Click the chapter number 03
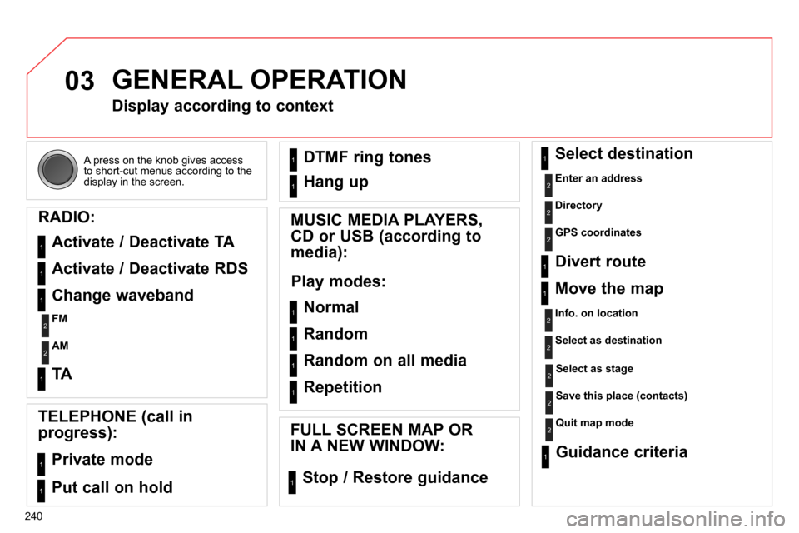pyautogui.click(x=80, y=82)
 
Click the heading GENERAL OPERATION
pyautogui.click(x=259, y=80)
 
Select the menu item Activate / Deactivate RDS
pyautogui.click(x=149, y=269)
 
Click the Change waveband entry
pyautogui.click(x=122, y=296)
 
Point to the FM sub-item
pyautogui.click(x=59, y=319)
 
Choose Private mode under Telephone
pyautogui.click(x=102, y=460)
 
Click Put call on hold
pyautogui.click(x=112, y=488)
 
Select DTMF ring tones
pyautogui.click(x=367, y=157)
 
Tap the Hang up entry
pyautogui.click(x=335, y=182)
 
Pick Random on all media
pyautogui.click(x=385, y=361)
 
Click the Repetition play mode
pyautogui.click(x=343, y=387)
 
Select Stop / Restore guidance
pyautogui.click(x=395, y=478)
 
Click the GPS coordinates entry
pyautogui.click(x=598, y=233)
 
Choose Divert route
pyautogui.click(x=599, y=262)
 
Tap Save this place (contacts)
pyautogui.click(x=621, y=396)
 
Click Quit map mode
pyautogui.click(x=593, y=423)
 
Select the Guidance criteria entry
pyautogui.click(x=621, y=452)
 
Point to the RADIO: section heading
pyautogui.click(x=67, y=217)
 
